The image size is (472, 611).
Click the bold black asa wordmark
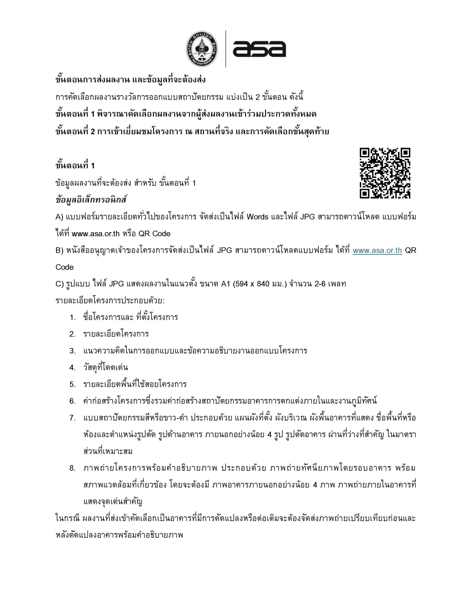[259, 49]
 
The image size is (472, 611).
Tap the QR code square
[385, 173]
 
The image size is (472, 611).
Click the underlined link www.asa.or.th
[377, 250]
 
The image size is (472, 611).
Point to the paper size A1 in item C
[226, 284]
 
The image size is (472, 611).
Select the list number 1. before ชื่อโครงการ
[73, 317]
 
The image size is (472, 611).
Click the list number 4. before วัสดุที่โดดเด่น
[73, 368]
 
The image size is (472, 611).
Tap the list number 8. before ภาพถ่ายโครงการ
[73, 468]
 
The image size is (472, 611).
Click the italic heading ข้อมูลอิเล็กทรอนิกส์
[91, 200]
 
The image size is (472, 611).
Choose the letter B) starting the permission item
[60, 250]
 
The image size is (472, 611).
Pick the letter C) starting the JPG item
[60, 284]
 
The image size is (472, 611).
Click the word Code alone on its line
[65, 267]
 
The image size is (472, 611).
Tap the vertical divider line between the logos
[226, 49]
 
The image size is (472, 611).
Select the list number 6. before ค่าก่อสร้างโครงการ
[73, 401]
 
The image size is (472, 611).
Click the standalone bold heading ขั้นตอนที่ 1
[75, 166]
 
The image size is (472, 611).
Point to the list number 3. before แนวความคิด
[73, 351]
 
